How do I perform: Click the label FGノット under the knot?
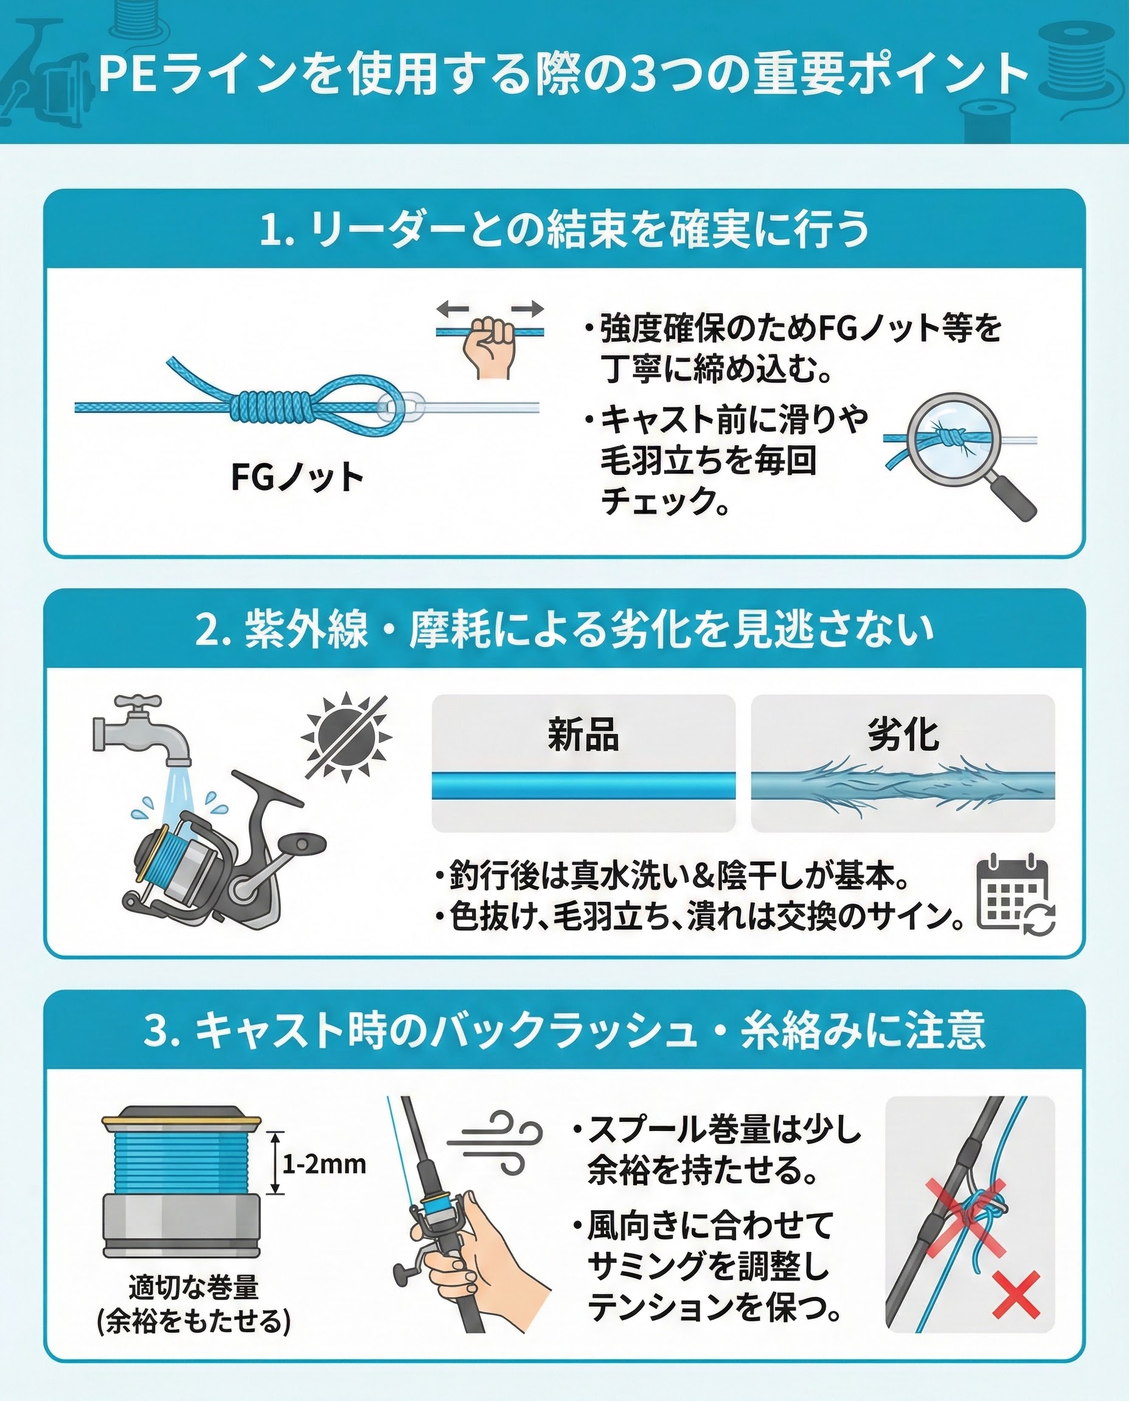tap(297, 477)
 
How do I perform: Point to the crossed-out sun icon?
tap(347, 735)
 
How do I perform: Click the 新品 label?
tap(583, 735)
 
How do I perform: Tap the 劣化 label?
tap(903, 735)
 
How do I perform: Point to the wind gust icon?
tap(495, 1144)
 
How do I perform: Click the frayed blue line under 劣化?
tap(903, 786)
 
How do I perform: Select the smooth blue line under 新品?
tap(583, 786)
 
